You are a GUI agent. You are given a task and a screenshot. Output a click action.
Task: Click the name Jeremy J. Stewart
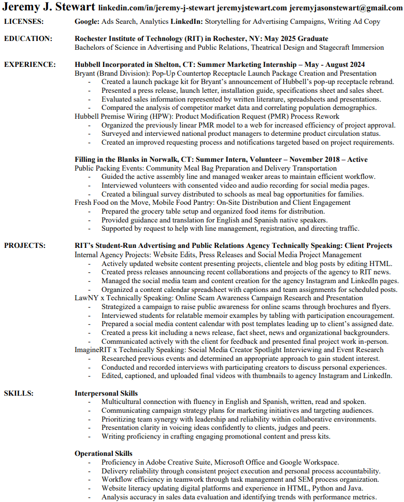(49, 7)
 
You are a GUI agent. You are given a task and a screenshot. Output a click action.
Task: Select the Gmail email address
(345, 8)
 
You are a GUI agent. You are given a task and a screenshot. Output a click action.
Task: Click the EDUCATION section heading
(28, 39)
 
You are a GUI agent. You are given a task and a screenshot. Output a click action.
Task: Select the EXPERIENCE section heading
(30, 65)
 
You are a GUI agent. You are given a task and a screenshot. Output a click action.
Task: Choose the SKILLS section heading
(19, 394)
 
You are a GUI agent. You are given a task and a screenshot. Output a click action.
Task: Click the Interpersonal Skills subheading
(106, 394)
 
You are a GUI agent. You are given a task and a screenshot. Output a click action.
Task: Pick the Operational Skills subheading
(104, 454)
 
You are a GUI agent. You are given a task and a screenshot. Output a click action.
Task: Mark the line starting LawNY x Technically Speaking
(219, 298)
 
